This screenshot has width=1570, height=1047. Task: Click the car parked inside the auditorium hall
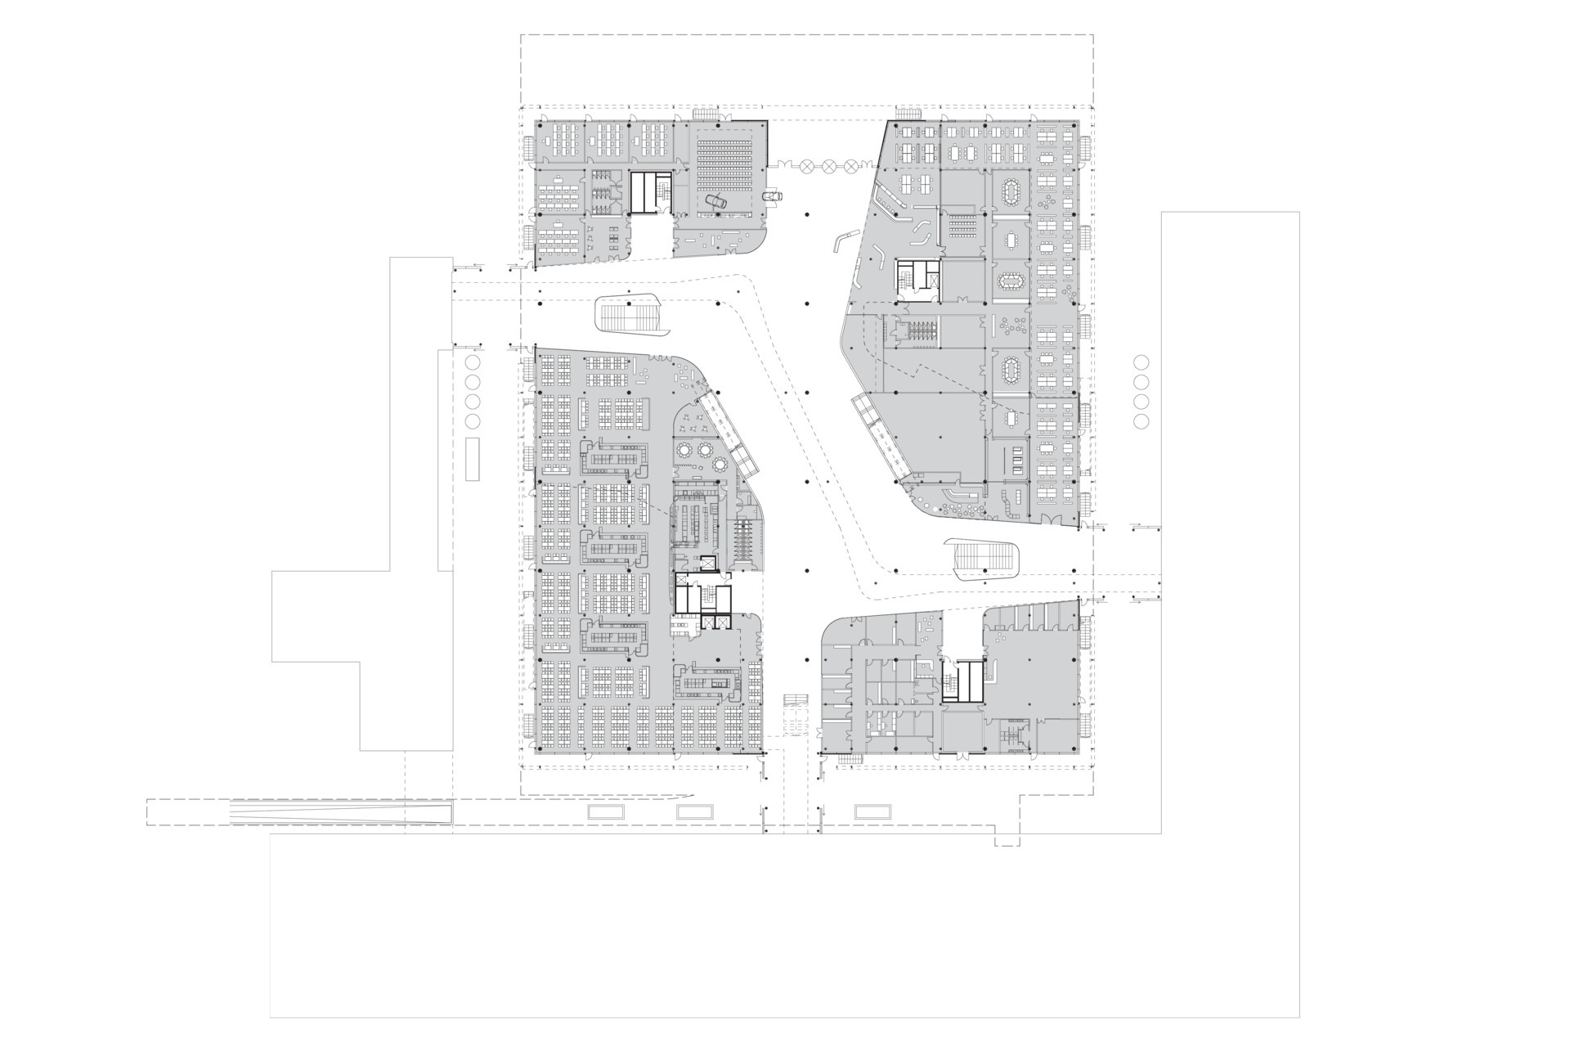pyautogui.click(x=716, y=201)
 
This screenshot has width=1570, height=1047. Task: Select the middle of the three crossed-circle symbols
pyautogui.click(x=830, y=165)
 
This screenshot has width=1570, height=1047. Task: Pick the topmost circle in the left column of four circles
pyautogui.click(x=472, y=362)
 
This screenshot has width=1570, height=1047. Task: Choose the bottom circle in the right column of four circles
pyautogui.click(x=1142, y=421)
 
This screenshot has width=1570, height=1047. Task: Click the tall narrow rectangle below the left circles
pyautogui.click(x=472, y=458)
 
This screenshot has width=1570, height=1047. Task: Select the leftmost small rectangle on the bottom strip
pyautogui.click(x=605, y=811)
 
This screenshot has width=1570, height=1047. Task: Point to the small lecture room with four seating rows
pyautogui.click(x=966, y=222)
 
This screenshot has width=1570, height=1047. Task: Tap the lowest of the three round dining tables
pyautogui.click(x=720, y=465)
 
